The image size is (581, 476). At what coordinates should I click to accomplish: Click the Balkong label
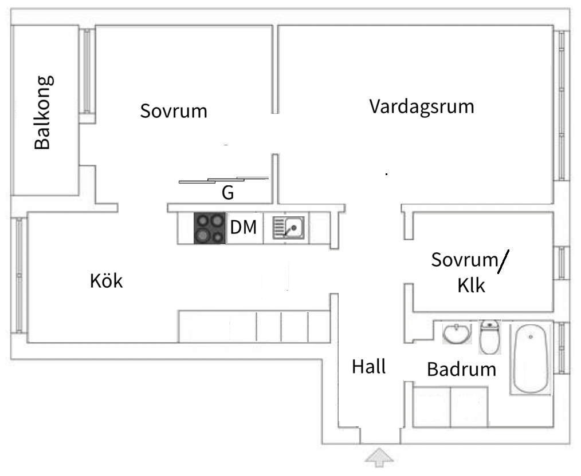tap(43, 112)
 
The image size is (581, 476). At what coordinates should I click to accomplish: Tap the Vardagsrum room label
tap(422, 106)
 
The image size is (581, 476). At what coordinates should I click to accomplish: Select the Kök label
tap(107, 281)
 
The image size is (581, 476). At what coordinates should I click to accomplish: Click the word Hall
tap(368, 366)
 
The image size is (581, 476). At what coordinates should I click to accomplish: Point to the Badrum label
tap(461, 369)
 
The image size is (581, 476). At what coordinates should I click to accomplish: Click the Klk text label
tap(471, 285)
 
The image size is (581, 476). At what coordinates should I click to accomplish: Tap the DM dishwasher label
tap(244, 228)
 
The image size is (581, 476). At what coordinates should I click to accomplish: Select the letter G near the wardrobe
tap(227, 193)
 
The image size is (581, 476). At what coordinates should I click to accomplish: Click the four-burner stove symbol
tap(209, 228)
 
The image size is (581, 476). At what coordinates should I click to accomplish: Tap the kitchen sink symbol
tap(289, 228)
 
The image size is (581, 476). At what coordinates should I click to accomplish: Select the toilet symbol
tap(489, 337)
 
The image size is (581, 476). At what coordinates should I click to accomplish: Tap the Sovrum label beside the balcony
tap(174, 110)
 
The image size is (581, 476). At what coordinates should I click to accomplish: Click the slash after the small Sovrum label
tap(503, 263)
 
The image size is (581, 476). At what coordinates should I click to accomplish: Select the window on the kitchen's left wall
tap(19, 275)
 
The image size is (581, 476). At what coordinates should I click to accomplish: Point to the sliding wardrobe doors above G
tap(223, 180)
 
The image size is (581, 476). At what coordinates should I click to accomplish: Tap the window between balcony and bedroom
tap(87, 71)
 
